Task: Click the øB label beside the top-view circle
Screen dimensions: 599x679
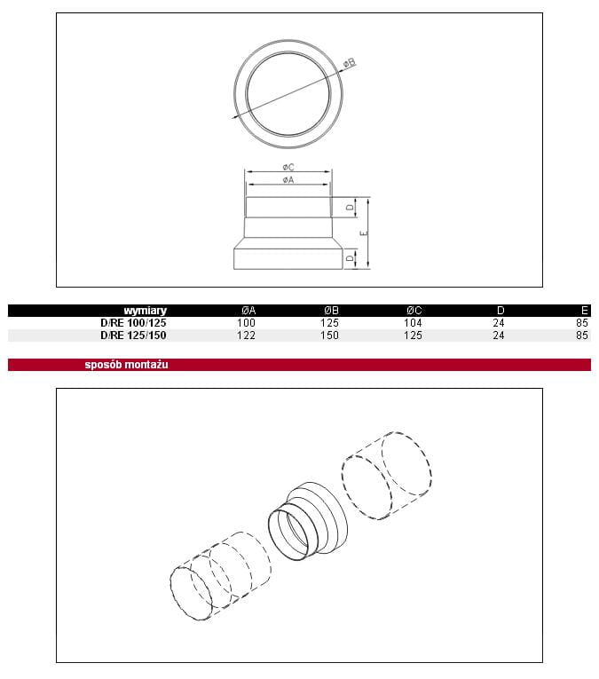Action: point(350,63)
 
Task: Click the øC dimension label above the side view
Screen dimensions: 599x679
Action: point(288,167)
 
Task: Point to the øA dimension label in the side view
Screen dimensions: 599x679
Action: point(288,179)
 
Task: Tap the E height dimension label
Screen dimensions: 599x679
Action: point(364,233)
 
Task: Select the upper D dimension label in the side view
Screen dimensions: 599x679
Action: point(350,208)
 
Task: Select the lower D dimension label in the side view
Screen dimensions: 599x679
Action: point(350,258)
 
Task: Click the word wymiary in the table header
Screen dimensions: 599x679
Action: point(145,311)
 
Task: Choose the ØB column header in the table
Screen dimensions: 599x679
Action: point(332,311)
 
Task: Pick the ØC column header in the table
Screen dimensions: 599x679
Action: point(414,311)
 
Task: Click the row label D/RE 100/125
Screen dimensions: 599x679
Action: point(133,323)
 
